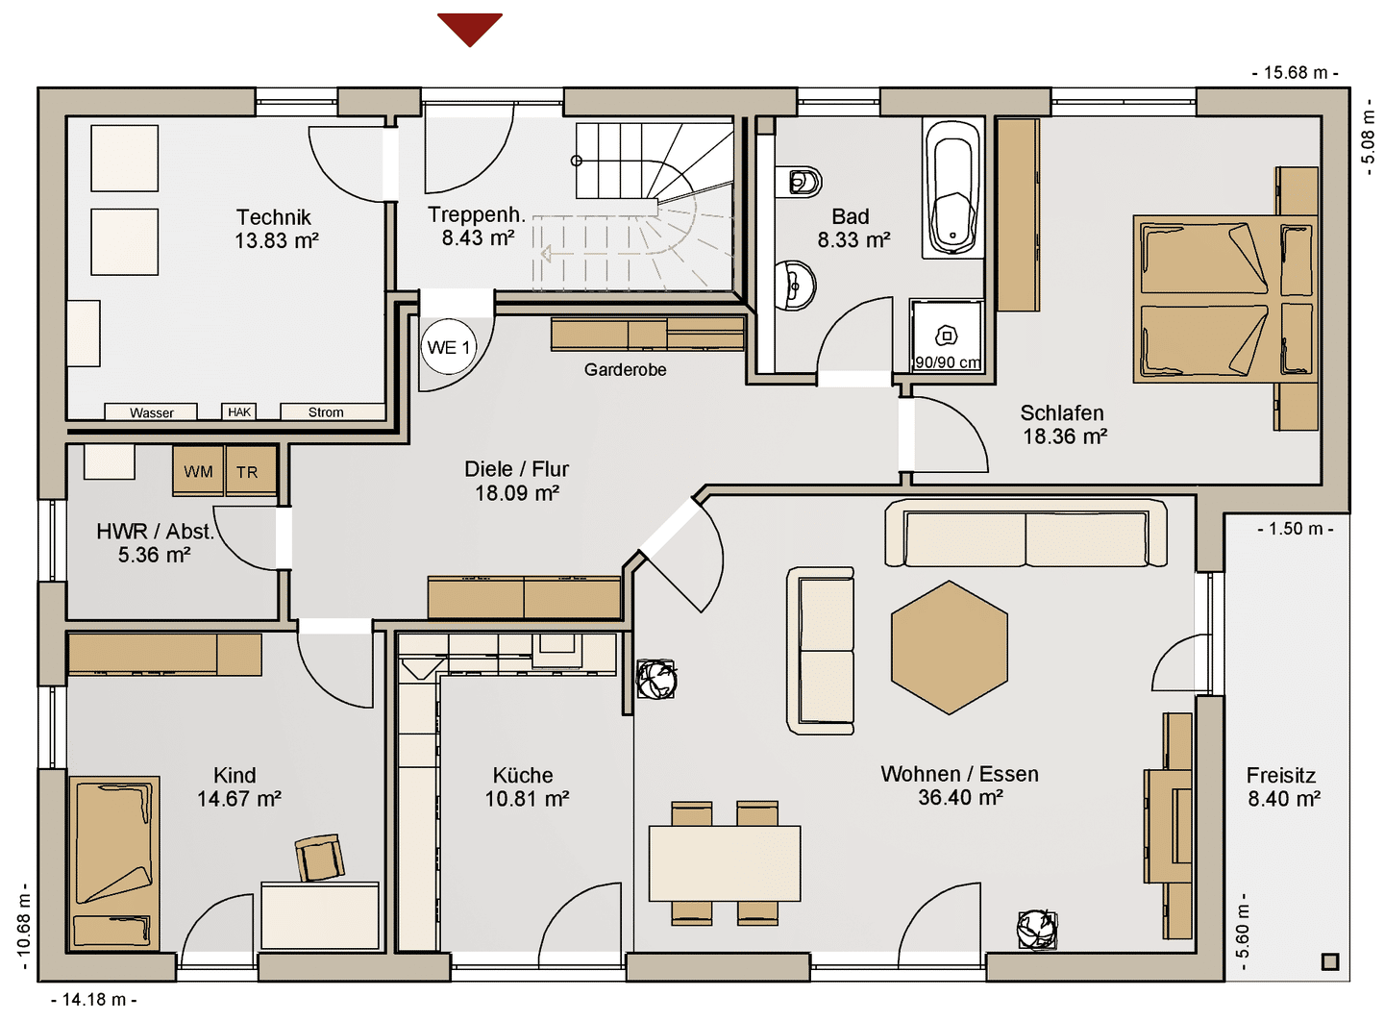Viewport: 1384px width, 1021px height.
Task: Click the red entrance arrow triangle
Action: (x=470, y=28)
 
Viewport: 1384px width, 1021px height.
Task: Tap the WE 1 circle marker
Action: (x=449, y=347)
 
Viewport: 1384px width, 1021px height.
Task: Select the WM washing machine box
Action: (x=198, y=471)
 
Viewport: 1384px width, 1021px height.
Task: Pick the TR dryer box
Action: (x=251, y=471)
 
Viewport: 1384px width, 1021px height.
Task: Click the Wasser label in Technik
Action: (x=152, y=412)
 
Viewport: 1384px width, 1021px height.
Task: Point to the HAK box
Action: (x=239, y=411)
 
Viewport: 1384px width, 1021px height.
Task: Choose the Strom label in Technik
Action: (x=326, y=412)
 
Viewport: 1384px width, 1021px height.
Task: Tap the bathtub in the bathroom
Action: (x=952, y=188)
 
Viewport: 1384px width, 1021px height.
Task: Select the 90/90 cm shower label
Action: (x=948, y=362)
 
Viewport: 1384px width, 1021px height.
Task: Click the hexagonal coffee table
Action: (x=950, y=647)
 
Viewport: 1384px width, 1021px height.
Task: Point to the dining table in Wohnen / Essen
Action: (x=724, y=862)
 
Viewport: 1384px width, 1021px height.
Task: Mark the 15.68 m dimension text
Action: (x=1295, y=73)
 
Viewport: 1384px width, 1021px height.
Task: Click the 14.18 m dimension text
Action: (x=94, y=1000)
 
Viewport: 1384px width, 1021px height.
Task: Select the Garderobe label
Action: (x=626, y=369)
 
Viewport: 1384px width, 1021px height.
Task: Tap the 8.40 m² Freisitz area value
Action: (x=1284, y=799)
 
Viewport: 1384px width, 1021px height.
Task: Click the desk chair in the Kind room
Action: (x=319, y=858)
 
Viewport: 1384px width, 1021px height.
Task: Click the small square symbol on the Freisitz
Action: (x=1330, y=961)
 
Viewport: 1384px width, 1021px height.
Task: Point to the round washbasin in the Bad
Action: (x=795, y=286)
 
